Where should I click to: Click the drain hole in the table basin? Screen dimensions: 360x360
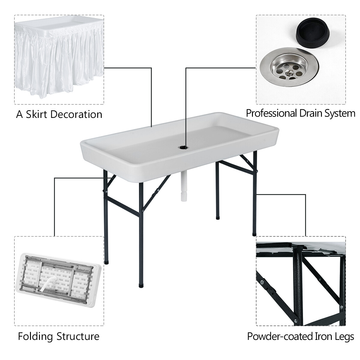(x=182, y=147)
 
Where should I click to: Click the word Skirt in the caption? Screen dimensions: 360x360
(x=37, y=114)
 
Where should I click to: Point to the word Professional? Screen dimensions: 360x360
(x=271, y=113)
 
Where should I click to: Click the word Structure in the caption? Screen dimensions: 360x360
(x=78, y=336)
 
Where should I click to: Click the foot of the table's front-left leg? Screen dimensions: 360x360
(x=106, y=262)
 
